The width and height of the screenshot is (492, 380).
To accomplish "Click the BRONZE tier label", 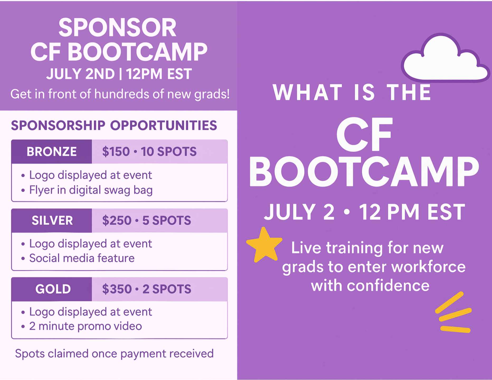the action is coord(52,151).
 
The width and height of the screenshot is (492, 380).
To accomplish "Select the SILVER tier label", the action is coord(52,220).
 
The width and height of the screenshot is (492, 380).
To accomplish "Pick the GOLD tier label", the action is coord(53,289).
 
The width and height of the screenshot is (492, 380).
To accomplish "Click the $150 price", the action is coord(116,152).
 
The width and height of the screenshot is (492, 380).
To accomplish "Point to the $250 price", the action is coord(117,220).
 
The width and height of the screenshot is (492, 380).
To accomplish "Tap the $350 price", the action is coord(117,289).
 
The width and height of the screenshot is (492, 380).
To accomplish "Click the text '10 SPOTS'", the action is coord(169,152).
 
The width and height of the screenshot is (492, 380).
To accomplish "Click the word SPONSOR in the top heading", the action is coord(117,28).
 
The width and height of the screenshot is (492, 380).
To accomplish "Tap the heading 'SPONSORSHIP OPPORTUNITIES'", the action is coord(114,125).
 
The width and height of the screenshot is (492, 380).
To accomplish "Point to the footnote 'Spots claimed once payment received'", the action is coord(114,354).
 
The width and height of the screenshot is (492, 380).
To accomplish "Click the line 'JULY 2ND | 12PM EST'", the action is coord(119,74).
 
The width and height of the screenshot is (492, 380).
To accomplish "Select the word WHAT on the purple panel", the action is coord(307,92).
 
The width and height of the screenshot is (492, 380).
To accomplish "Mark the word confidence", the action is coord(388,286).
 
